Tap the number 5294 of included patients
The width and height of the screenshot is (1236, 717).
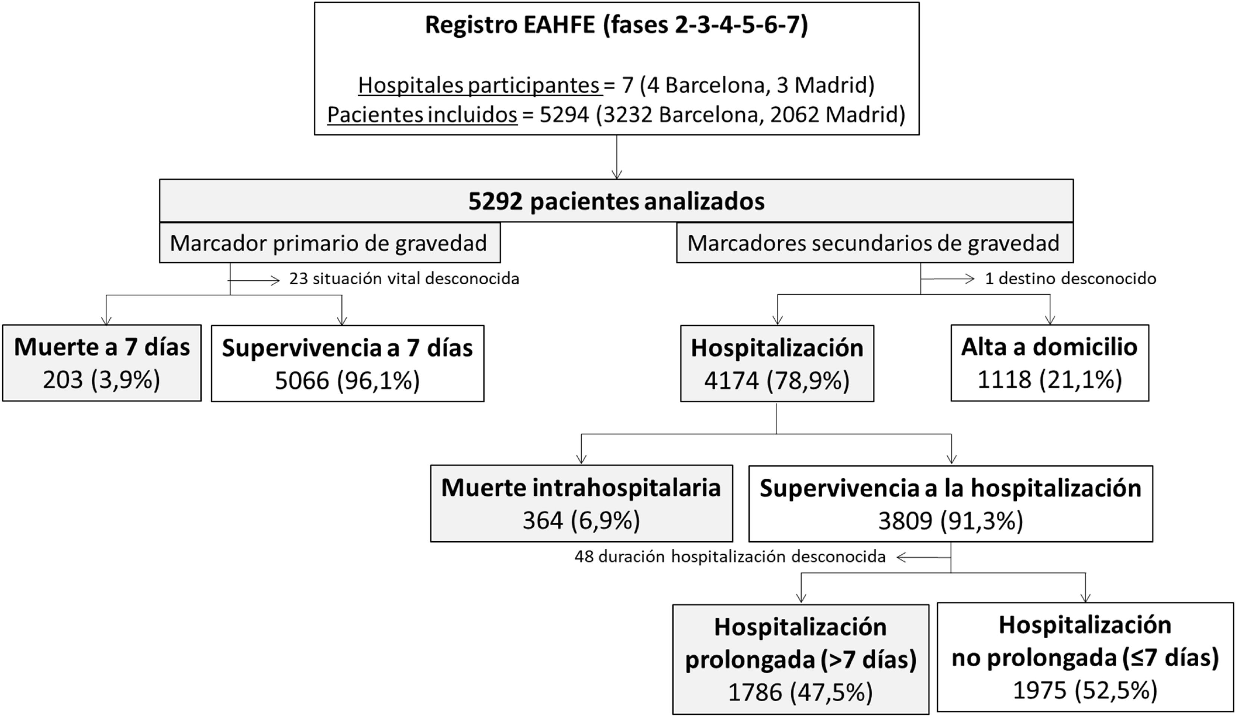pos(564,115)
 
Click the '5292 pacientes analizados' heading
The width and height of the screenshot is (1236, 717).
pos(616,201)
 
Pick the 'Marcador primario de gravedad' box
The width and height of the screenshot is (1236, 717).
pos(329,243)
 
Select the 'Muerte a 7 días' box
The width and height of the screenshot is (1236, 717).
pos(102,363)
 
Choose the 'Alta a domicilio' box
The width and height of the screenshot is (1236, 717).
pos(1049,363)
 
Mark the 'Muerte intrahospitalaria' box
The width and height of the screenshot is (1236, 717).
pos(581,503)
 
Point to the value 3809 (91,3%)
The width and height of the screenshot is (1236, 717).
pos(950,520)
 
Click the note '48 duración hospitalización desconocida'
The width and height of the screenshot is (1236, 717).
pos(730,557)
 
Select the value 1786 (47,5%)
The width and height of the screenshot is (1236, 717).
pos(800,692)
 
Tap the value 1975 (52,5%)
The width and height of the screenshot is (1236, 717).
pos(1085,691)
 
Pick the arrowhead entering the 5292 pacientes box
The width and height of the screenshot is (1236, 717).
pos(617,175)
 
